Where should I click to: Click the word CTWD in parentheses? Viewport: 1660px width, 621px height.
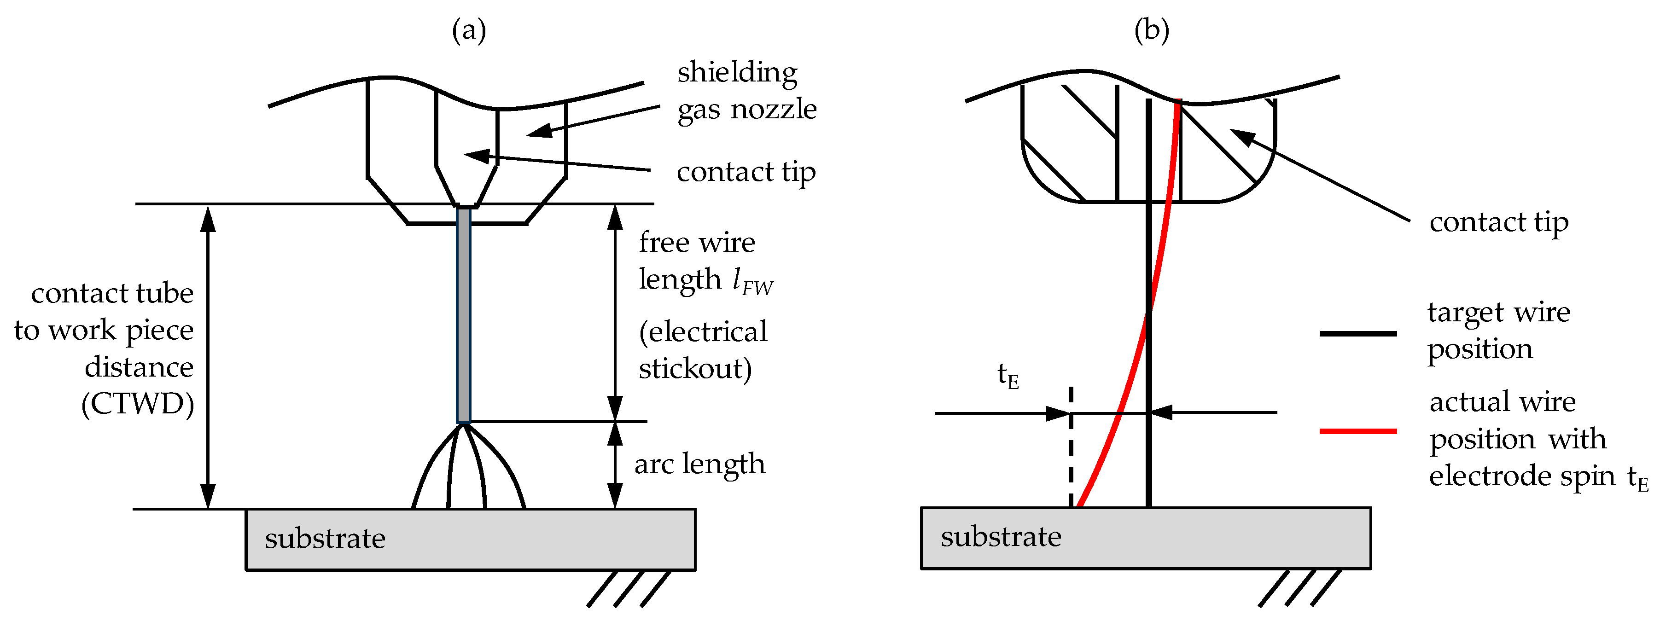[x=138, y=405]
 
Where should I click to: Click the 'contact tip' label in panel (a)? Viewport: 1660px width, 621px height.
[x=746, y=172]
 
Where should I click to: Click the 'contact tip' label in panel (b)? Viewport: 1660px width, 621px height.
[x=1498, y=222]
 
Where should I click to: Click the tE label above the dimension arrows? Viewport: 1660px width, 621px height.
[x=1007, y=376]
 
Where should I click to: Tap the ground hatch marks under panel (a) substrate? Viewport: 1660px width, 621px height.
[x=628, y=589]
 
